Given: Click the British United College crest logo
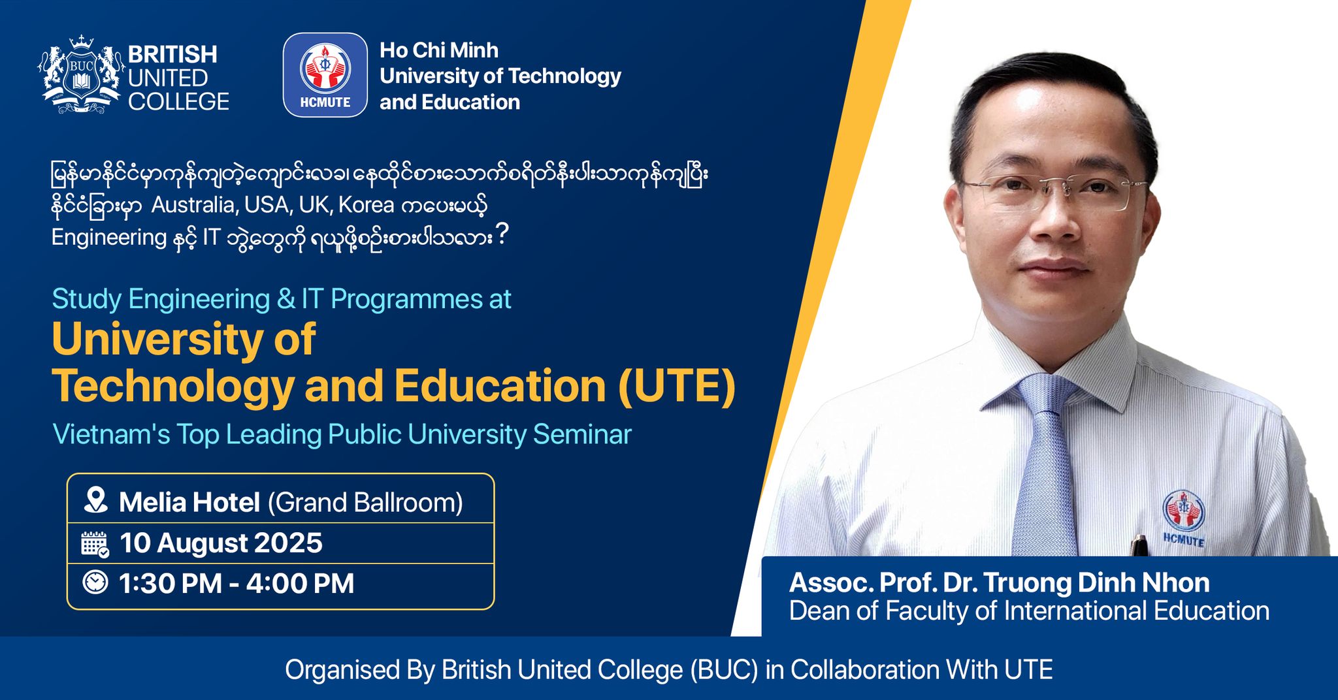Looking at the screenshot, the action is point(82,75).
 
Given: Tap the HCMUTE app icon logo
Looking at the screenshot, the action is point(325,75).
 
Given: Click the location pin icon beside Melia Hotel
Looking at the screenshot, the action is point(96,500).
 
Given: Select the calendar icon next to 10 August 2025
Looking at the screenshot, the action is point(95,544).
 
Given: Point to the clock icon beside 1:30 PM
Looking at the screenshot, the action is point(95,582).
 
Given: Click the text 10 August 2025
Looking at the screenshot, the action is point(221,543).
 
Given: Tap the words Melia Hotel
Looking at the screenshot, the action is point(189,502).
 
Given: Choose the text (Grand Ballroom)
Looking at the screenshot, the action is point(365,503).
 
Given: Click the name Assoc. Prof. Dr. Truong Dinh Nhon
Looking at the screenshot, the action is point(1000,582).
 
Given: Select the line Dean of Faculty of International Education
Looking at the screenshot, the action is point(1029,611).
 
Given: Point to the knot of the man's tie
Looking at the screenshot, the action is point(1047,396).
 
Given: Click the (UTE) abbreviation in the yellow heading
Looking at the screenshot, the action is point(677,386).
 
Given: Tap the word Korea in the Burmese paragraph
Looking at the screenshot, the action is point(366,205).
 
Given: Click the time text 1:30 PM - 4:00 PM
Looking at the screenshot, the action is point(237,583).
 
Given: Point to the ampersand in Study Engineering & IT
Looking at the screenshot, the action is point(286,299).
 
